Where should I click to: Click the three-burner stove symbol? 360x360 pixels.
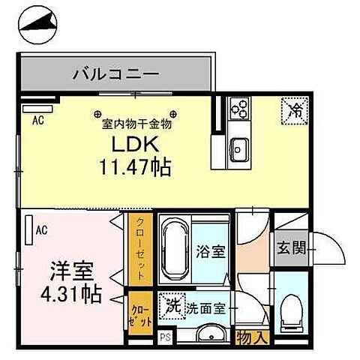[x=238, y=109]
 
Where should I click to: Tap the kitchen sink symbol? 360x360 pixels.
[x=239, y=147]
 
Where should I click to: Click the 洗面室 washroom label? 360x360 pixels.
[x=208, y=307]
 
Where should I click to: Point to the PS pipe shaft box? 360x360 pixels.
[x=164, y=339]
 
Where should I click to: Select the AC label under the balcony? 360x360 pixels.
[x=37, y=119]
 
